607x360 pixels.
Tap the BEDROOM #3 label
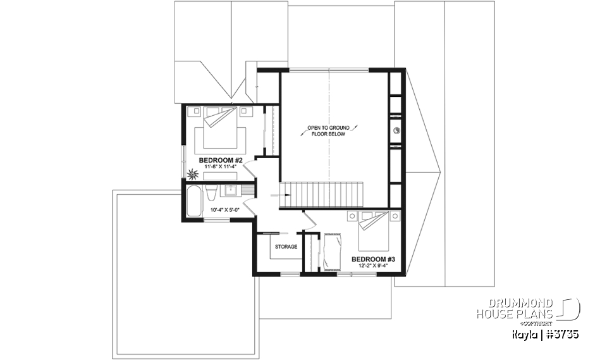click(374, 259)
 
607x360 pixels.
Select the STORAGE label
click(285, 247)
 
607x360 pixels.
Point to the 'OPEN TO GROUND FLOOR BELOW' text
click(328, 131)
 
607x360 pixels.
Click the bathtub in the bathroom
click(193, 202)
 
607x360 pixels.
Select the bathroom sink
click(231, 189)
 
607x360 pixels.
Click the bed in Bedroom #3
click(373, 232)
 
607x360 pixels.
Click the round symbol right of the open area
click(396, 131)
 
